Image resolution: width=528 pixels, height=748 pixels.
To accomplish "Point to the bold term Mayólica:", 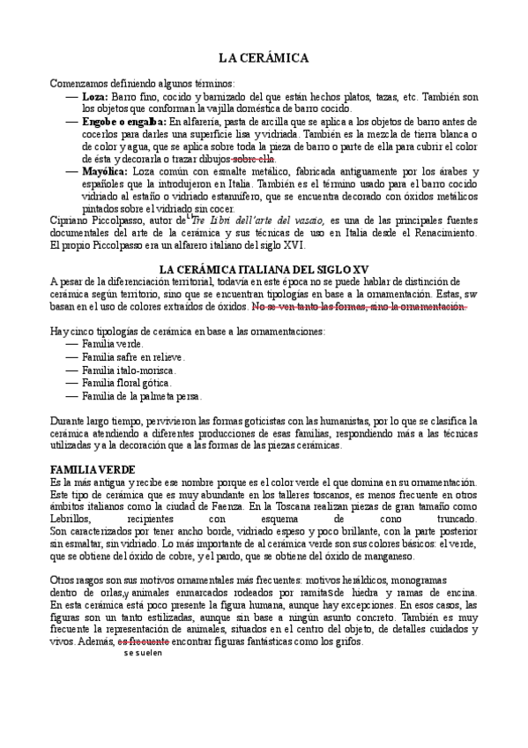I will coord(104,170).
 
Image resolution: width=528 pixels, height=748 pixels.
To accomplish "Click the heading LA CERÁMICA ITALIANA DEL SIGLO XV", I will coord(262,268).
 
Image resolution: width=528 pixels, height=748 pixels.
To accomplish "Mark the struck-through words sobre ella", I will coord(254,159).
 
